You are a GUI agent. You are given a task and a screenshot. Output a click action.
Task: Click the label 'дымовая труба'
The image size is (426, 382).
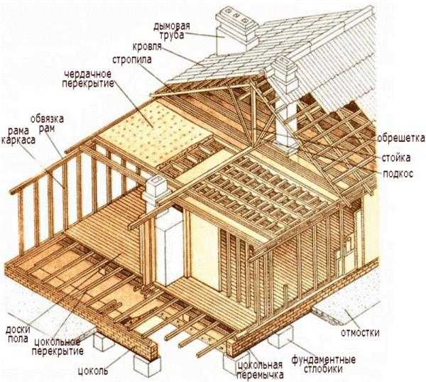172,31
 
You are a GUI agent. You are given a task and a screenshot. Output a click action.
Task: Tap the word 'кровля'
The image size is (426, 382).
147,46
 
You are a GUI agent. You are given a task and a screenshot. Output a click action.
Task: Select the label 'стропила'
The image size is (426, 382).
132,60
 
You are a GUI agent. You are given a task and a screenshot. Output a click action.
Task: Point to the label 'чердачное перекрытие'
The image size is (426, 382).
88,79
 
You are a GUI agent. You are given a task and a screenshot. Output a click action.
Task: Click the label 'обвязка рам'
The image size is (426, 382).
47,124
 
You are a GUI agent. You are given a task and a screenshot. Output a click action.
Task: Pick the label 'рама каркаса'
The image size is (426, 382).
18,136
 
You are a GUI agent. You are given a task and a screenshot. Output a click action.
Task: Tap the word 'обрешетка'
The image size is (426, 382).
401,138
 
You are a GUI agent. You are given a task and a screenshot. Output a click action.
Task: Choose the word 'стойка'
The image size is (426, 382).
396,158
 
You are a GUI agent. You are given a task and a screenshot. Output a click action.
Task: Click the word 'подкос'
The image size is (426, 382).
398,173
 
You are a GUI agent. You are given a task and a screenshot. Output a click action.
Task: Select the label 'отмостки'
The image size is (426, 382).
360,332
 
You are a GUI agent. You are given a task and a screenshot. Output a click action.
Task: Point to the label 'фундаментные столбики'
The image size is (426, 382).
323,364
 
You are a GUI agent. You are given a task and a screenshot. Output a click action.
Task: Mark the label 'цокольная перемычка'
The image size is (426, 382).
260,369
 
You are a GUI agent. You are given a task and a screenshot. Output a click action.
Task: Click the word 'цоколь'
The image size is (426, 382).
93,371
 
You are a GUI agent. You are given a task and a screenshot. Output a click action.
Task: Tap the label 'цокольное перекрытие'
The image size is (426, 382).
58,346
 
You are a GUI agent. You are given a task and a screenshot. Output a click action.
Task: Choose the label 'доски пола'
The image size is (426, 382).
18,334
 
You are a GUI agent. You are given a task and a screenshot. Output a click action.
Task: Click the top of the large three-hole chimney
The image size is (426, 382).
236,17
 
